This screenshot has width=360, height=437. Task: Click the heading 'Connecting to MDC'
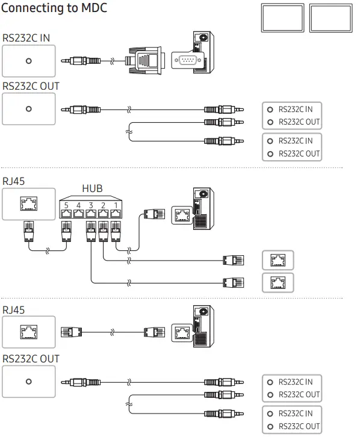54,8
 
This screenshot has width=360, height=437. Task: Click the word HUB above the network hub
92,188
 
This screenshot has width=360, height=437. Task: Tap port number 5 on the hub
66,214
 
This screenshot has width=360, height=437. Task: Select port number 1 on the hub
116,214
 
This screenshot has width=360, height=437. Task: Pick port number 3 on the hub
91,214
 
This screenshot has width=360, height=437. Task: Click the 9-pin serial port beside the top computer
187,60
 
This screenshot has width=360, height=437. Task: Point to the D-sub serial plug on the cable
144,60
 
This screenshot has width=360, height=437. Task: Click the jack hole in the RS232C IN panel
29,61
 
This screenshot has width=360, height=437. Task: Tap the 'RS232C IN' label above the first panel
26,38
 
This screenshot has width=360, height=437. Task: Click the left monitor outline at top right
282,18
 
